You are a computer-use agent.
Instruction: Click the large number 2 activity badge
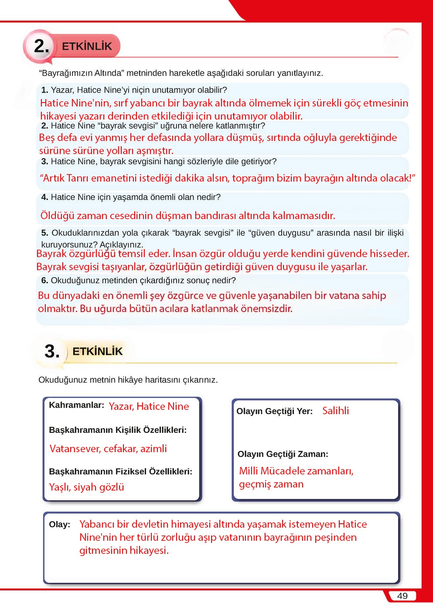[x=41, y=46]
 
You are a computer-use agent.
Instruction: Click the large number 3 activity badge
[x=52, y=351]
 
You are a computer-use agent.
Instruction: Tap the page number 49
[x=402, y=596]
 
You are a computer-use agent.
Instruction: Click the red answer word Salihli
[x=335, y=411]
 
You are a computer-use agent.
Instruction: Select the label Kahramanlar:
[x=76, y=405]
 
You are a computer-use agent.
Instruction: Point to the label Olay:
[x=59, y=525]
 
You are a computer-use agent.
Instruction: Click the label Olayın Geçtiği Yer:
[x=274, y=411]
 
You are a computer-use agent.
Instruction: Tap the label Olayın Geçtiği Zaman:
[x=283, y=454]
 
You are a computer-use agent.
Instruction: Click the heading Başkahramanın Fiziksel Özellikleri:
[x=120, y=471]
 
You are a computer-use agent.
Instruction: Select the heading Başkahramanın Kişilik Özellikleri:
[x=118, y=430]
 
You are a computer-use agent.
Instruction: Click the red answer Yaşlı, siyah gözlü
[x=86, y=487]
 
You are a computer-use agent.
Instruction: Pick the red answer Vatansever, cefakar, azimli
[x=108, y=449]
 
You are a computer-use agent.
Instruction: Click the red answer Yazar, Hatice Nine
[x=149, y=406]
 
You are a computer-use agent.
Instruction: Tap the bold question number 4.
[x=44, y=197]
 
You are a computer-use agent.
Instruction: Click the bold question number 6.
[x=44, y=281]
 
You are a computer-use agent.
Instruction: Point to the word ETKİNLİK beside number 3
[x=97, y=351]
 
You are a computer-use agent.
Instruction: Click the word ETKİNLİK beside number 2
[x=87, y=46]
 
